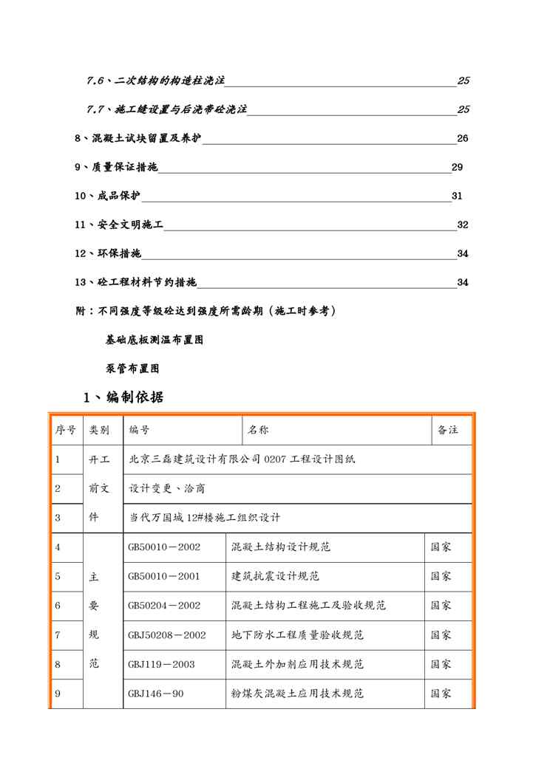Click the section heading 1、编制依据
123,397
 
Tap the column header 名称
257,430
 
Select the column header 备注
448,430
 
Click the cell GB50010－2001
163,576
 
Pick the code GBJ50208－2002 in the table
166,634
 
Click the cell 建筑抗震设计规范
276,576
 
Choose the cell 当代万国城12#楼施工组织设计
205,518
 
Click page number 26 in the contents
463,138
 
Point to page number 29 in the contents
457,167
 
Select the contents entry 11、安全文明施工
118,225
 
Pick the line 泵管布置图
132,368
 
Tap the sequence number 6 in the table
58,605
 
